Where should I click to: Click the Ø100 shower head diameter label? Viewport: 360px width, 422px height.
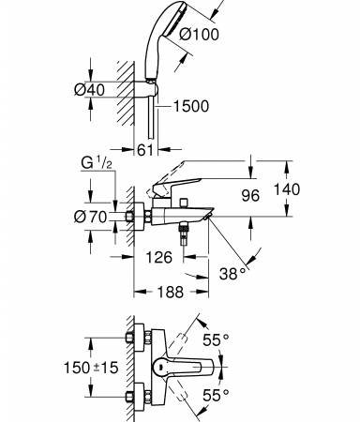(x=199, y=34)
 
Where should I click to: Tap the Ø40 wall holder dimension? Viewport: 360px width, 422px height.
(x=89, y=90)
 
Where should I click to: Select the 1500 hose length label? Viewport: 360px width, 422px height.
(x=191, y=106)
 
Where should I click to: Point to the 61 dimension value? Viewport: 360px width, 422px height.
(x=145, y=150)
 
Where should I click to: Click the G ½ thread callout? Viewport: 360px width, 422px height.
(x=97, y=163)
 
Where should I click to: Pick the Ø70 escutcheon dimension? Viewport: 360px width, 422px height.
(x=91, y=217)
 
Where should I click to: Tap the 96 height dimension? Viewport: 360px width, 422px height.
(x=250, y=196)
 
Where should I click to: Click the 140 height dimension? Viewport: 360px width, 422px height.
(x=287, y=189)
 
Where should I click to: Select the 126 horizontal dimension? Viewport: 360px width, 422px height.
(x=159, y=257)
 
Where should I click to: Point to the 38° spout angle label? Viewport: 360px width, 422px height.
(x=232, y=274)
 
